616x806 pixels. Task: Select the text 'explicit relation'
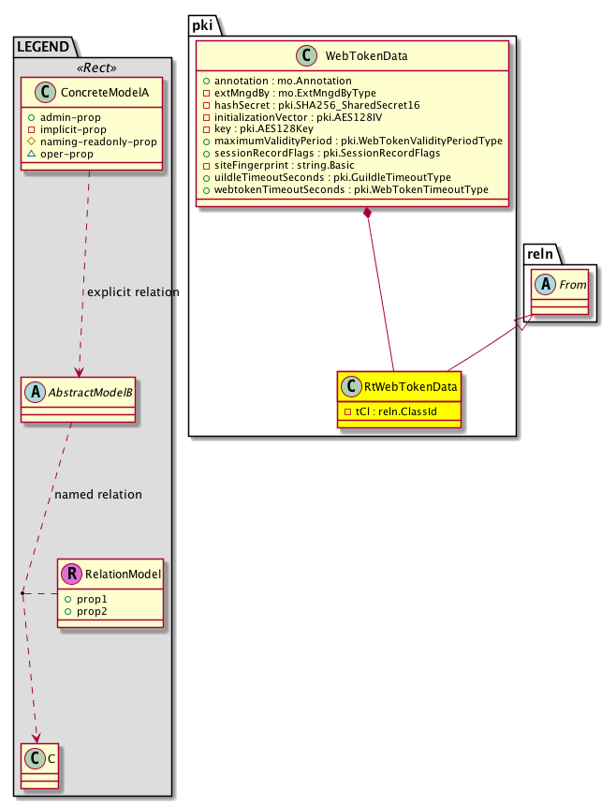tap(133, 292)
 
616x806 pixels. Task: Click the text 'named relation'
tap(98, 494)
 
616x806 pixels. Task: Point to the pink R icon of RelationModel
tap(73, 574)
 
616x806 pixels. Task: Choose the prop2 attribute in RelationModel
tap(91, 610)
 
